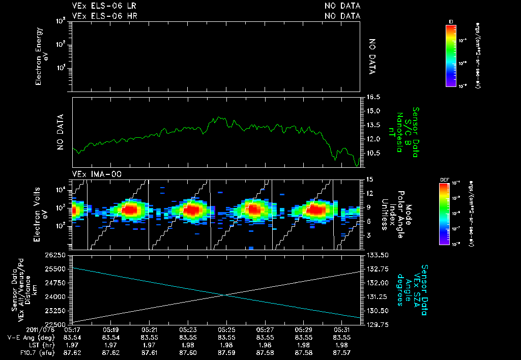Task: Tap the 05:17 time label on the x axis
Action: coord(72,330)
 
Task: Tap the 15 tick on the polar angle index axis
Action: coord(370,179)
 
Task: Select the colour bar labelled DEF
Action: coord(446,214)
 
